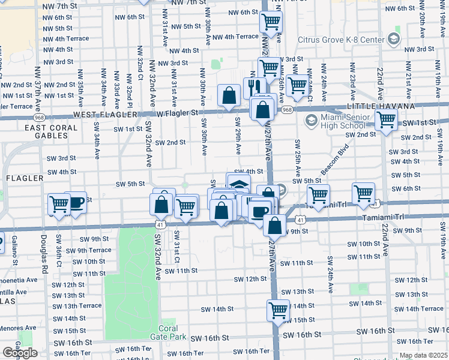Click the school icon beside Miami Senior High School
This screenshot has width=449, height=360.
click(311, 121)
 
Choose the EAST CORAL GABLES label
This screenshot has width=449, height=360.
click(51, 131)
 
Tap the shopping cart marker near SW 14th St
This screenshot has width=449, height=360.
click(278, 310)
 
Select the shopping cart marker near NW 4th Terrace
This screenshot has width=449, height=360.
click(271, 22)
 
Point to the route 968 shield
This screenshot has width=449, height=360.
click(287, 110)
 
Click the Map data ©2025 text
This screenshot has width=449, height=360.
click(423, 355)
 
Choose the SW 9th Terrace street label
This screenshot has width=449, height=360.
click(88, 250)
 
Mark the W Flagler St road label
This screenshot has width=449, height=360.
click(177, 113)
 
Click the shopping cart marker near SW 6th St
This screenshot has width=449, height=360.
click(364, 193)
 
